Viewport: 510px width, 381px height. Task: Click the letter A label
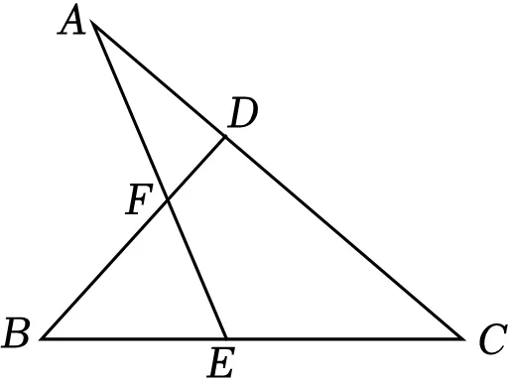[71, 20]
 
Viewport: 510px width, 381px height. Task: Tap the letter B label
[16, 332]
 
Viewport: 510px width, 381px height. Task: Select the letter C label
[493, 339]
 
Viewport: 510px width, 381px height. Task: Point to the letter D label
[242, 112]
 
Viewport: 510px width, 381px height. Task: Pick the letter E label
[221, 362]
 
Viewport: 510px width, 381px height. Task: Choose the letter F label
[139, 199]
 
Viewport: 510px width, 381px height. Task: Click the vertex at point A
[92, 23]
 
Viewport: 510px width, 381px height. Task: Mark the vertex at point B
[42, 338]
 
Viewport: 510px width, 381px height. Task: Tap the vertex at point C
[463, 338]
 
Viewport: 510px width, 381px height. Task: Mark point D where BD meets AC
[225, 137]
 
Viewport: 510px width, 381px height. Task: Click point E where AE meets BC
[226, 338]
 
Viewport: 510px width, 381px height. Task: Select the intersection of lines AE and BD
[168, 200]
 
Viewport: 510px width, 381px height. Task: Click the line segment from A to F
[130, 112]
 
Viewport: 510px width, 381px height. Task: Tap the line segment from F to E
[197, 270]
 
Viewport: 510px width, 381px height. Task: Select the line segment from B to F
[104, 270]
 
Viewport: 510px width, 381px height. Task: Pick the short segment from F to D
[196, 169]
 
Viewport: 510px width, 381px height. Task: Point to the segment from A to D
[159, 79]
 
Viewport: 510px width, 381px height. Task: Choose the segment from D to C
[344, 238]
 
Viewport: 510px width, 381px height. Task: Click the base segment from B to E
[134, 338]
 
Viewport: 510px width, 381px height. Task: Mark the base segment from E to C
[344, 338]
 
